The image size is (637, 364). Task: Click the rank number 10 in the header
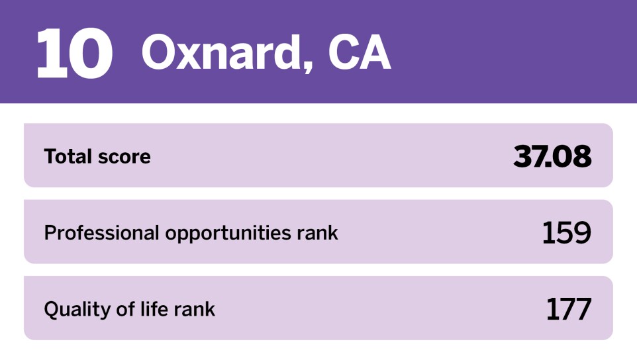(x=73, y=52)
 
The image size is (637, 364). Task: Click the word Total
(x=68, y=157)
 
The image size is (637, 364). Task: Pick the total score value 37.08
(x=552, y=157)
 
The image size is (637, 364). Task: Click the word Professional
(x=101, y=233)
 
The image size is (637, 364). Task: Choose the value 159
(x=566, y=233)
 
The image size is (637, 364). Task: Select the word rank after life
(x=193, y=309)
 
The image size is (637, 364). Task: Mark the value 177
(x=568, y=310)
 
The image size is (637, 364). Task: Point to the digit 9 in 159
(x=581, y=233)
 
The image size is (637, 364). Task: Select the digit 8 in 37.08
(x=581, y=157)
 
